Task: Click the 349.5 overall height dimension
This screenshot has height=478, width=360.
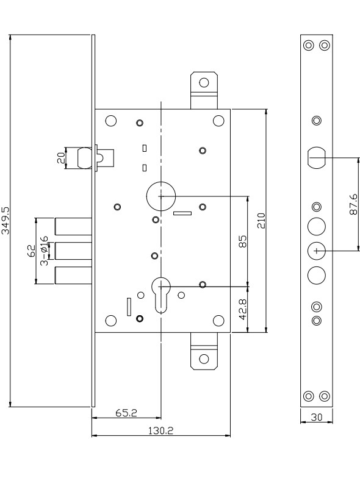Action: (6, 221)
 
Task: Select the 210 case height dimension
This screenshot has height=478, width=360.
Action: (261, 221)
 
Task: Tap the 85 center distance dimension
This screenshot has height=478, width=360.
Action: (243, 241)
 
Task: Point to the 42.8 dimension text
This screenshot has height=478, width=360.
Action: (243, 309)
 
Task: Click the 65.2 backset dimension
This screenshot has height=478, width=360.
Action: (126, 413)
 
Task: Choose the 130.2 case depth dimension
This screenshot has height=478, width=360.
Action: (161, 430)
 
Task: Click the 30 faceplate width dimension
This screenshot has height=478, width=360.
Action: (316, 417)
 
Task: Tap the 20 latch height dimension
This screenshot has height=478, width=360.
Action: (61, 158)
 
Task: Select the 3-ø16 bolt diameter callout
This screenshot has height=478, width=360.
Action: (44, 251)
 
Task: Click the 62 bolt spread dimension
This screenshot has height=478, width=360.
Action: (32, 251)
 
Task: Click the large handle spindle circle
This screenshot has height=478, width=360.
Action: (161, 196)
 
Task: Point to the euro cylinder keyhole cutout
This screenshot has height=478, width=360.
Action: (161, 294)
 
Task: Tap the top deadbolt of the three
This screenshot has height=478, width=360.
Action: (73, 226)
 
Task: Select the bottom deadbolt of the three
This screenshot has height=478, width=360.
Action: (73, 276)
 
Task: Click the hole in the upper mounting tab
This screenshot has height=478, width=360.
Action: (204, 83)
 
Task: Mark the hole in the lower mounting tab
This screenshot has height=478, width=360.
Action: (204, 358)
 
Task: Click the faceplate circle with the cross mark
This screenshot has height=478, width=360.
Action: (316, 251)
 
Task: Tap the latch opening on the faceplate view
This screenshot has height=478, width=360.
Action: (316, 157)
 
